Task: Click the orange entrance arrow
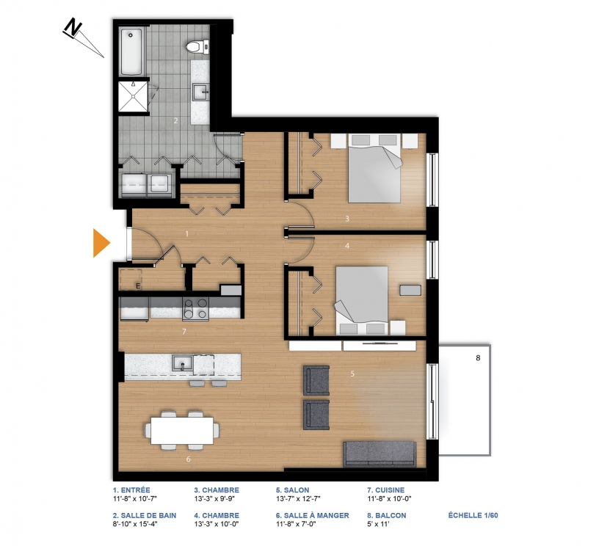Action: point(101,243)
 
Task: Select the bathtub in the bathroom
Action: point(131,51)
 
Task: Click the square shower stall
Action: point(133,97)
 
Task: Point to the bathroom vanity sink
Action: point(200,92)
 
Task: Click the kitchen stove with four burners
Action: point(195,309)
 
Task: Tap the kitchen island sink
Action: point(182,363)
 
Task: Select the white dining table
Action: point(182,430)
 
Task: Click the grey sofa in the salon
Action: point(380,454)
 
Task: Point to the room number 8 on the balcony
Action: point(478,358)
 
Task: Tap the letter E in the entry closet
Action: point(138,285)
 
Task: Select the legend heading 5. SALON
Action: point(293,490)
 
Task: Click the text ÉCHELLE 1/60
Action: point(473,515)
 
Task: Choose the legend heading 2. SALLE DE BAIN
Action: point(145,515)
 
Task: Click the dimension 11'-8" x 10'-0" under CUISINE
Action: point(389,498)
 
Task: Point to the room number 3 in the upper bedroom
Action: point(347,219)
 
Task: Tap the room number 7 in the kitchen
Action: point(184,332)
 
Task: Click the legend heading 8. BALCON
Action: point(387,515)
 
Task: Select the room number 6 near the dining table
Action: point(189,459)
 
